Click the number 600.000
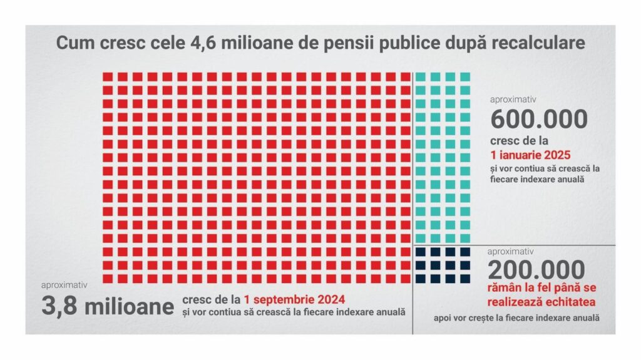pos(539,119)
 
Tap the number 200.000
pos(537,270)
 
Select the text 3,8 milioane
pos(108,307)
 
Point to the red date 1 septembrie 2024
pos(295,299)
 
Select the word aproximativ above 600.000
pos(514,99)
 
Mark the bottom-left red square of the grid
pos(108,279)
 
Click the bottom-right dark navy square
pos(465,279)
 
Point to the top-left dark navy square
pos(421,252)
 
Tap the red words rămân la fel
pos(521,289)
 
